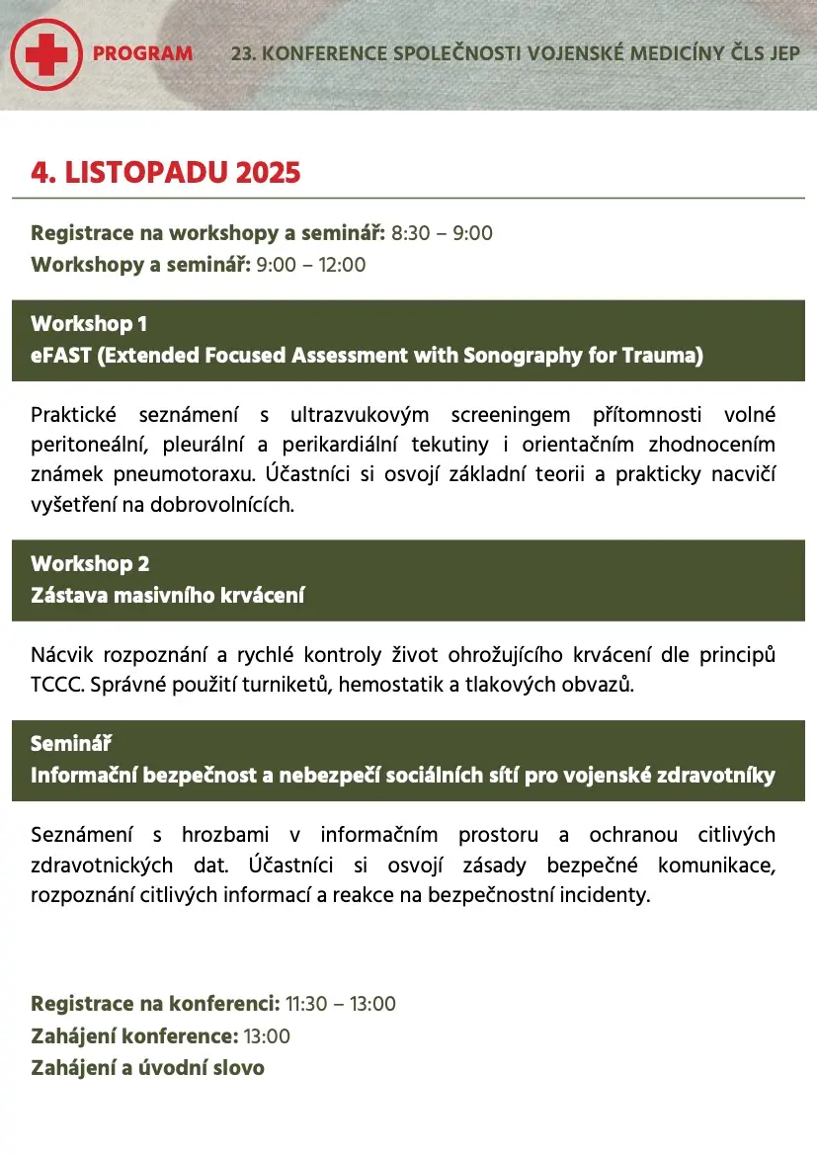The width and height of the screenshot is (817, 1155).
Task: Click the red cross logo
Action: [45, 53]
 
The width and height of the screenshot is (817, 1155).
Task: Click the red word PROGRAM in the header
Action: [142, 53]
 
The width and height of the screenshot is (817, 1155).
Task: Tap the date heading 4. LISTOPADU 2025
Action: [165, 173]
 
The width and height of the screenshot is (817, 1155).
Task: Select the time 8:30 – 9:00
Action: [442, 233]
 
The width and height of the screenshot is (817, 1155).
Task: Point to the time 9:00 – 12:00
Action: [310, 265]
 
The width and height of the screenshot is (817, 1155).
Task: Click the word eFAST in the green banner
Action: [61, 356]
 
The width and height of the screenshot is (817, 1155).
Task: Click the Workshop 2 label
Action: [90, 563]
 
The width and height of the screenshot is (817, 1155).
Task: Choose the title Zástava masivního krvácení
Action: [168, 596]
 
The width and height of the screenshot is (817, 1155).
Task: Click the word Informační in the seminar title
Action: [84, 776]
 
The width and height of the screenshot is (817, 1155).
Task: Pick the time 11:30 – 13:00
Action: [341, 1004]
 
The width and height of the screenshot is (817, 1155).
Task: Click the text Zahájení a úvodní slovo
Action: [147, 1068]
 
